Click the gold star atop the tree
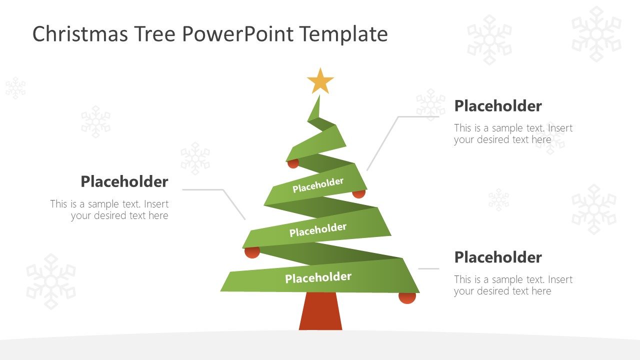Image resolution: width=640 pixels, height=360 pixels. [x=320, y=81]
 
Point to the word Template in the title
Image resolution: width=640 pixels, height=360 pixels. [x=344, y=34]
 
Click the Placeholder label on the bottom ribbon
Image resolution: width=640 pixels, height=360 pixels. [x=318, y=277]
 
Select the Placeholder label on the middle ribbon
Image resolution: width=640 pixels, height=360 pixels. [x=317, y=230]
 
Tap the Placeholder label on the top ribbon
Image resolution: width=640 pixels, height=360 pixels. [x=318, y=185]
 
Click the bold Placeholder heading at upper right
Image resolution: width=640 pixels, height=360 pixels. [x=497, y=106]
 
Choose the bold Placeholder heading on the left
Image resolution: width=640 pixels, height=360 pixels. [x=124, y=181]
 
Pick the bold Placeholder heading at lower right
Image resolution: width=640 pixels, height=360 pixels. [x=497, y=257]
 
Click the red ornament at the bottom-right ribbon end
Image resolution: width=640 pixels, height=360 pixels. [x=407, y=298]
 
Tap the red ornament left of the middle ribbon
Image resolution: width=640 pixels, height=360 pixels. [x=252, y=252]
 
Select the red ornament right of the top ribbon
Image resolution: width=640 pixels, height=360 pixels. [x=359, y=193]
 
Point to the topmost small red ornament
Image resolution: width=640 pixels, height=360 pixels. [x=293, y=163]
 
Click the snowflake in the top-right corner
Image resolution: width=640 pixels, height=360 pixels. [x=596, y=34]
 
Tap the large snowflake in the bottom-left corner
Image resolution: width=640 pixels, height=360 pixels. [x=51, y=281]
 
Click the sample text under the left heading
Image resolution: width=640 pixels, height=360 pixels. [x=109, y=210]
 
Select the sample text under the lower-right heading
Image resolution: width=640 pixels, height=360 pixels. [x=513, y=285]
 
